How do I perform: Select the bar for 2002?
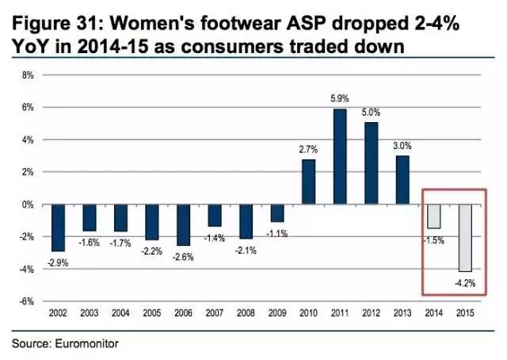pyautogui.click(x=58, y=228)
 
